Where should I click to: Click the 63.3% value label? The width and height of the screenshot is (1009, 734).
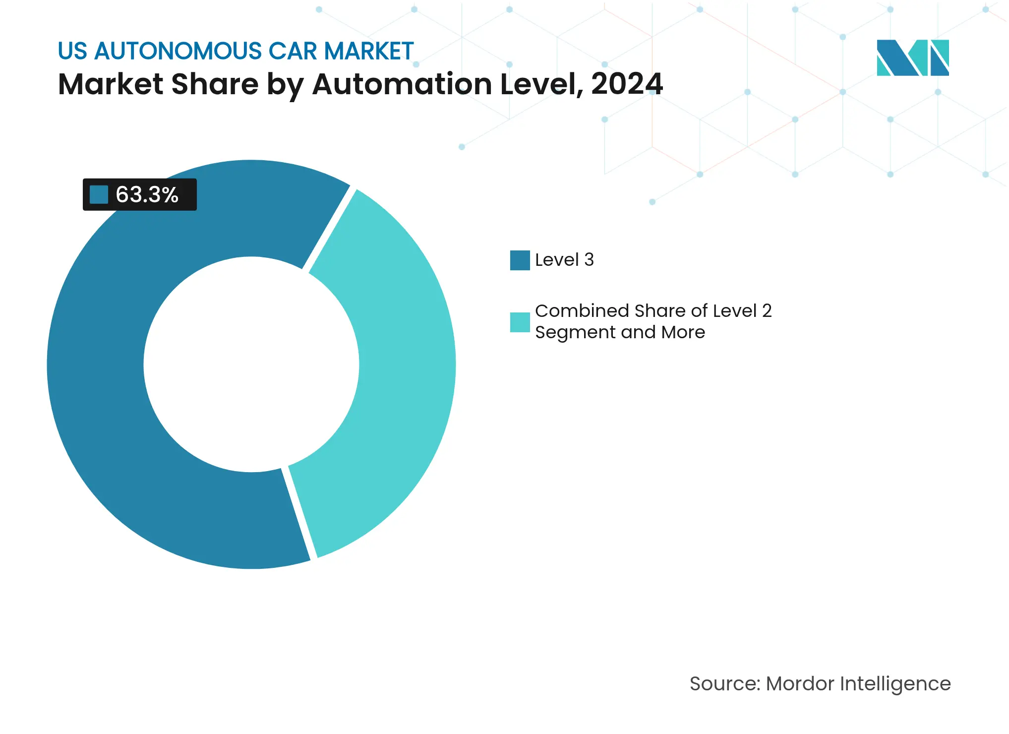pyautogui.click(x=147, y=195)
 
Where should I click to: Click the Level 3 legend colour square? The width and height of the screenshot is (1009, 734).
pyautogui.click(x=520, y=260)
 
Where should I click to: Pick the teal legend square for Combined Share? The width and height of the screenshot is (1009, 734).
pyautogui.click(x=520, y=322)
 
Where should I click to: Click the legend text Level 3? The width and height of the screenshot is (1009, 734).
pyautogui.click(x=564, y=260)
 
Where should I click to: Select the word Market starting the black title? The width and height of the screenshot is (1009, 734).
pyautogui.click(x=111, y=84)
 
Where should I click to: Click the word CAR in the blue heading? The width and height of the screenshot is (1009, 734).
pyautogui.click(x=293, y=51)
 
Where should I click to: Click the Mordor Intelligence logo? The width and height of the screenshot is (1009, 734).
pyautogui.click(x=912, y=58)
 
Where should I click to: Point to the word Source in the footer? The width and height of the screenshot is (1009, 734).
pyautogui.click(x=724, y=684)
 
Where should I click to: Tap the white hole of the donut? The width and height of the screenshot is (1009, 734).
pyautogui.click(x=251, y=365)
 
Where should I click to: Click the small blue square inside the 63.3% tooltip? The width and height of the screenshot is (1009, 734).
pyautogui.click(x=99, y=194)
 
